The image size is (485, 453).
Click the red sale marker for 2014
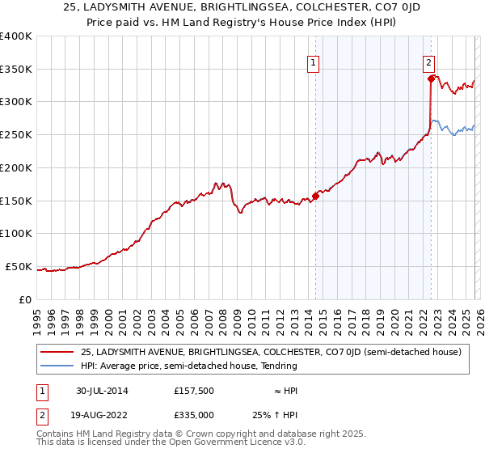315,195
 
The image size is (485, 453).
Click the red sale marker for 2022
431,78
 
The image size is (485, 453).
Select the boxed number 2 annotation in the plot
428,61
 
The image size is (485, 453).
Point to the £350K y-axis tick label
16,69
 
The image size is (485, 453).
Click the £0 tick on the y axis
25,299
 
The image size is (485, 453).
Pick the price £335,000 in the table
193,414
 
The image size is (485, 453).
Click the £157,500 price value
193,391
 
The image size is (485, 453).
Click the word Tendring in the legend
277,366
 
